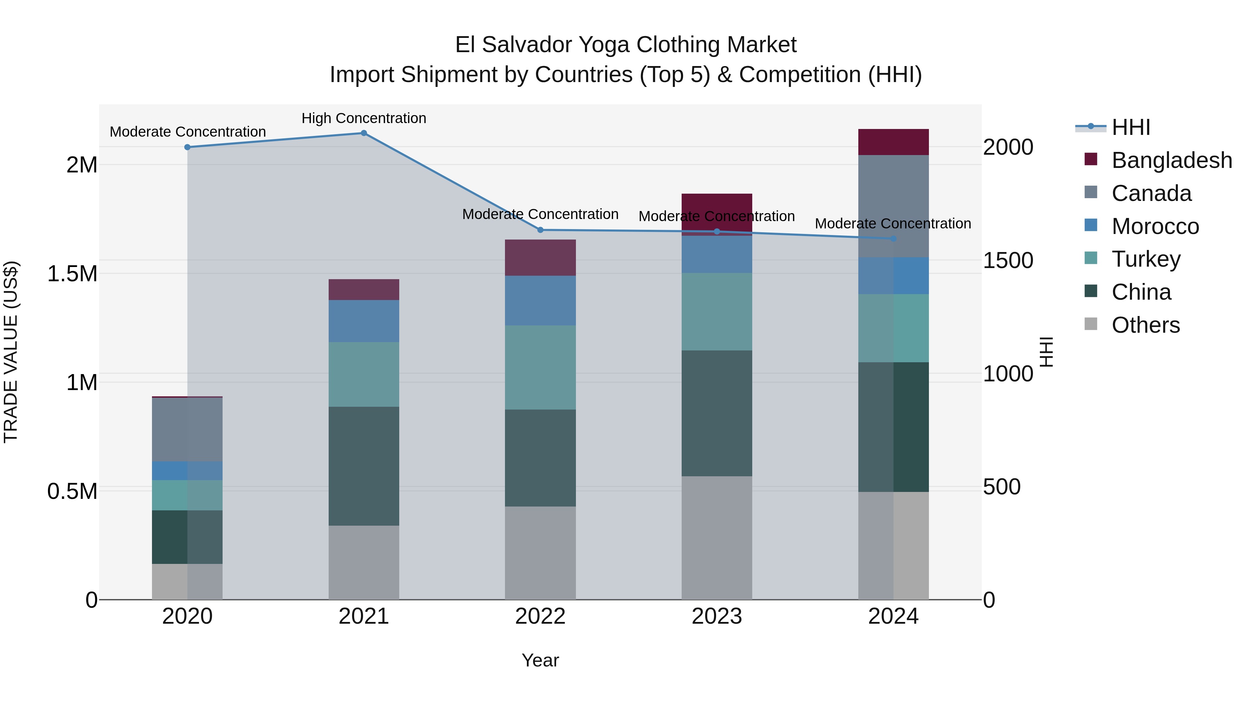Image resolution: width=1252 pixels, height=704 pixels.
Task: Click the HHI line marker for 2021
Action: pos(363,133)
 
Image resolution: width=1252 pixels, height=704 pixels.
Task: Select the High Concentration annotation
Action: pos(363,118)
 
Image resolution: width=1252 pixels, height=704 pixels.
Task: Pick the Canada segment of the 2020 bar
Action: pos(187,429)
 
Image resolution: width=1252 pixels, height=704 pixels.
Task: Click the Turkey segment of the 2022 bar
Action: pos(540,367)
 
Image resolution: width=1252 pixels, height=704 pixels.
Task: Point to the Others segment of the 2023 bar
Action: pos(716,537)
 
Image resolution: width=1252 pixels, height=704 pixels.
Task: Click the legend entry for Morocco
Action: pos(1155,226)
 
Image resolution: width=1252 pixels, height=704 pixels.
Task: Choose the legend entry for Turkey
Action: pos(1146,259)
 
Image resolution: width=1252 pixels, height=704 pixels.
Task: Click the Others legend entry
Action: pos(1145,325)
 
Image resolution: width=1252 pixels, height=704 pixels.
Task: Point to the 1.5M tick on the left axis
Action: pos(72,274)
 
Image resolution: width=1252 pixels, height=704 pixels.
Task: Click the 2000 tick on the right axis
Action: pos(1008,147)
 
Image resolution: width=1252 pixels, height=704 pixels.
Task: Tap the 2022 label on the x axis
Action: pos(540,616)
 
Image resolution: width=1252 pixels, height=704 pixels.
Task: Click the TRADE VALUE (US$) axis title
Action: pos(11,352)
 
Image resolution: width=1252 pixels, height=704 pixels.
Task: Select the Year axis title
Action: pos(540,660)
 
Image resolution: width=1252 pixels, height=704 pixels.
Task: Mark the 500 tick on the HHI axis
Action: pos(1001,487)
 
